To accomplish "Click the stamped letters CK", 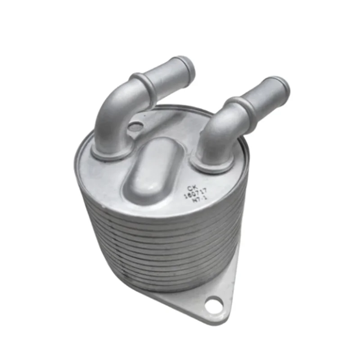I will point(193,189).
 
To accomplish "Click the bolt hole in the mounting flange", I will point(212,306).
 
